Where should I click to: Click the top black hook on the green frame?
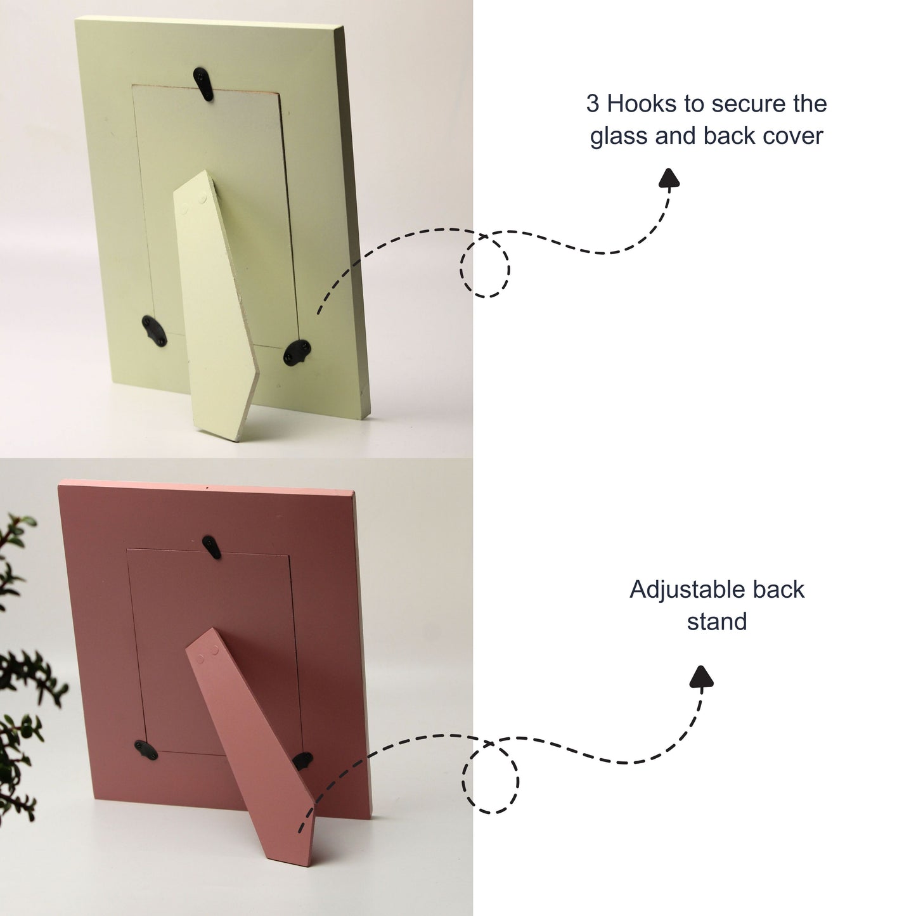click(x=203, y=84)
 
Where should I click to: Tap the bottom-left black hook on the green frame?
click(x=155, y=330)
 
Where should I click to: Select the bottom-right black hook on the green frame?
click(x=297, y=352)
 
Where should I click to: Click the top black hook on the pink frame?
click(x=212, y=546)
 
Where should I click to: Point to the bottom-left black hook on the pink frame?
click(x=146, y=750)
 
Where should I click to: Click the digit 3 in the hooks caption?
click(x=592, y=103)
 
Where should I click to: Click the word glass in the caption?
click(x=619, y=136)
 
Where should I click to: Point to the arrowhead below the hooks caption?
click(x=669, y=177)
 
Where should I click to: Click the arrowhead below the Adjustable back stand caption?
click(x=701, y=676)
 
